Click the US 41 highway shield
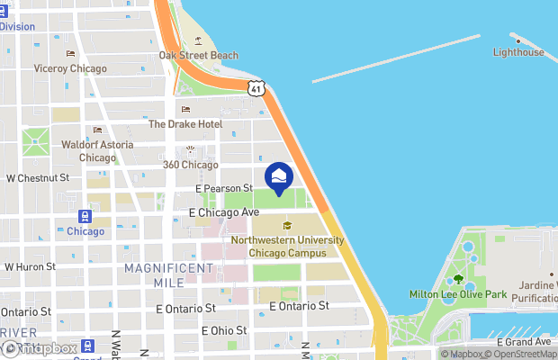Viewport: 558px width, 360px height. coord(257,88)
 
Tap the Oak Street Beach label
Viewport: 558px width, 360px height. coord(199,55)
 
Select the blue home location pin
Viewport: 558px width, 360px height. coord(279,176)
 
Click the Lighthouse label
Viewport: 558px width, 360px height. coord(518,52)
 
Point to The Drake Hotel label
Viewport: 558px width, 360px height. coord(184,124)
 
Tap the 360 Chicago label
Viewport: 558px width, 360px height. coord(190,165)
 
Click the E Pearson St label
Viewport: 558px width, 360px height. coord(224,188)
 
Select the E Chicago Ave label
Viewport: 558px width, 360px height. coord(224,212)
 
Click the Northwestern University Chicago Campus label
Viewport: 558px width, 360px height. coord(287,246)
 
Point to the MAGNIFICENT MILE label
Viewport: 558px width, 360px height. coord(170,275)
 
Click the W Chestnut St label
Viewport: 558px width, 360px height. coord(38,178)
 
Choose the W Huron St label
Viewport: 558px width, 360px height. coord(30,266)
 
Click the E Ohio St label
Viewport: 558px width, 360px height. coord(223,330)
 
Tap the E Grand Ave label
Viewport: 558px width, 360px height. coord(524,342)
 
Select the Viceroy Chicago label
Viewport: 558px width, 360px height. coord(70,68)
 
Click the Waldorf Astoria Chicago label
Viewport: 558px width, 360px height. coord(97,150)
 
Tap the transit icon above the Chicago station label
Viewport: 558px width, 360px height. coord(85,216)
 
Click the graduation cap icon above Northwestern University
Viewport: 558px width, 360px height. coord(287,226)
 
